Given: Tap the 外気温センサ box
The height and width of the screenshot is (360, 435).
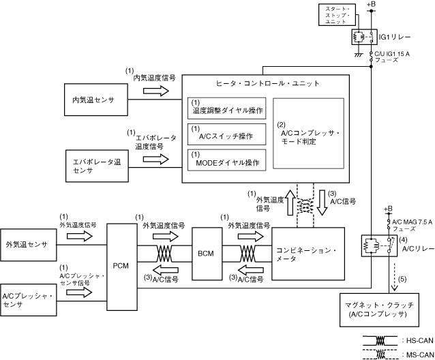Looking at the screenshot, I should (x=27, y=244).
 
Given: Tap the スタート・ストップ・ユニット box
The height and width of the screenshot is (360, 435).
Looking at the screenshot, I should (x=335, y=15).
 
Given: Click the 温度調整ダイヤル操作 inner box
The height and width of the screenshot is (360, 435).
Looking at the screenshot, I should (x=227, y=110).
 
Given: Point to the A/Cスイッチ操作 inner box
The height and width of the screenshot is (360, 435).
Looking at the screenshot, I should (x=227, y=135).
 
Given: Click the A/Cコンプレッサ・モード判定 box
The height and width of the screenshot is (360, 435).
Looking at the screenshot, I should (x=307, y=134).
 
